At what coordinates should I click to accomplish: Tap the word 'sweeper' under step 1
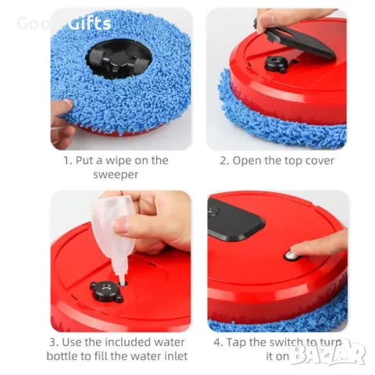[x=116, y=174]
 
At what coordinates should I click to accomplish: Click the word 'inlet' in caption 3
[x=177, y=356]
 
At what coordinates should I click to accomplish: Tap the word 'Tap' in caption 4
[x=236, y=343]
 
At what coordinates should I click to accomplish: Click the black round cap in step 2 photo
[x=276, y=64]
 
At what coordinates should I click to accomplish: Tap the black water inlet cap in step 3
[x=106, y=291]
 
